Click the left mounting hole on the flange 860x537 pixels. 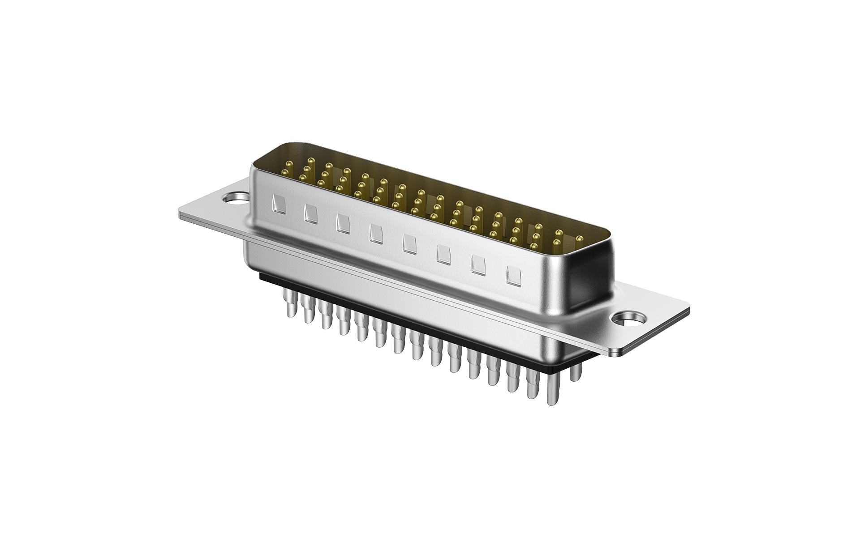234,197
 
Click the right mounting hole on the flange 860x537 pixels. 626,319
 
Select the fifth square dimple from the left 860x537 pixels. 409,243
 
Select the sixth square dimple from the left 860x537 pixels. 443,254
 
